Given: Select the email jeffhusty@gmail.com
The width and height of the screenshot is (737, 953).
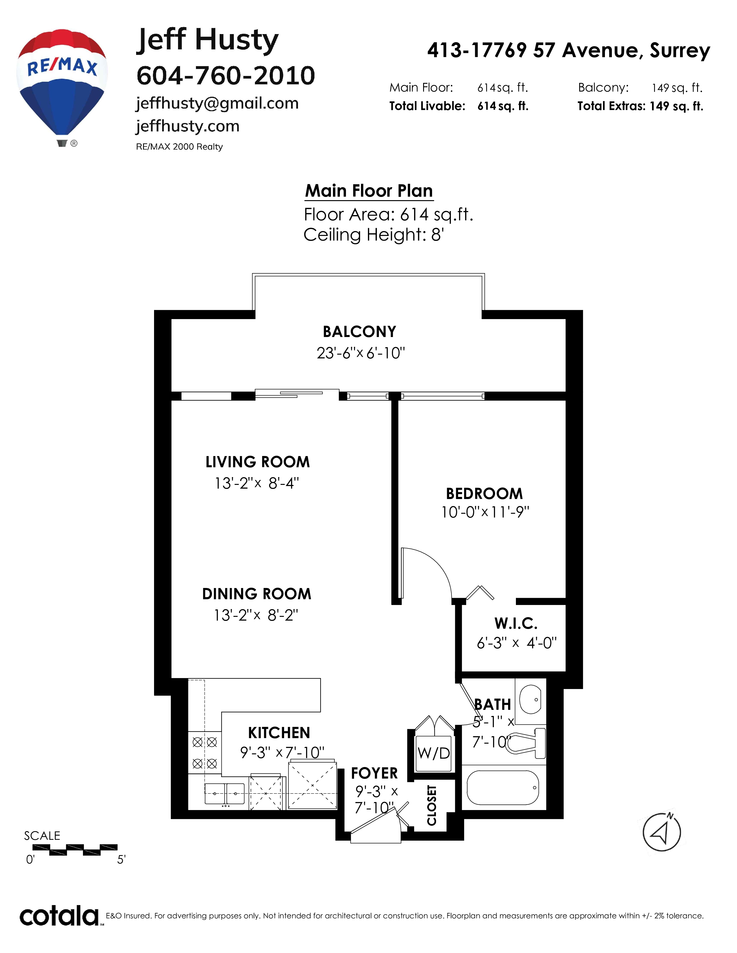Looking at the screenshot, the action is (x=217, y=104).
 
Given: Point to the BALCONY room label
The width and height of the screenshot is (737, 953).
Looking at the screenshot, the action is (x=359, y=332).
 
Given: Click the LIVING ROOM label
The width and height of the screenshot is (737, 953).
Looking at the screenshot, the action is (x=258, y=462).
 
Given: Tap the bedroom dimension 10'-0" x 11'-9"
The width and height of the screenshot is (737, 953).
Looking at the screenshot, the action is (x=485, y=512).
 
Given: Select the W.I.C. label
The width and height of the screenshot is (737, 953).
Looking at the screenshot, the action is (x=516, y=623).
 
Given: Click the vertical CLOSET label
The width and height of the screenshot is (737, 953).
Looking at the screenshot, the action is (x=432, y=805).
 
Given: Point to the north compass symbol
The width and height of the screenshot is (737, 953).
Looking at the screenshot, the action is (x=662, y=832).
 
